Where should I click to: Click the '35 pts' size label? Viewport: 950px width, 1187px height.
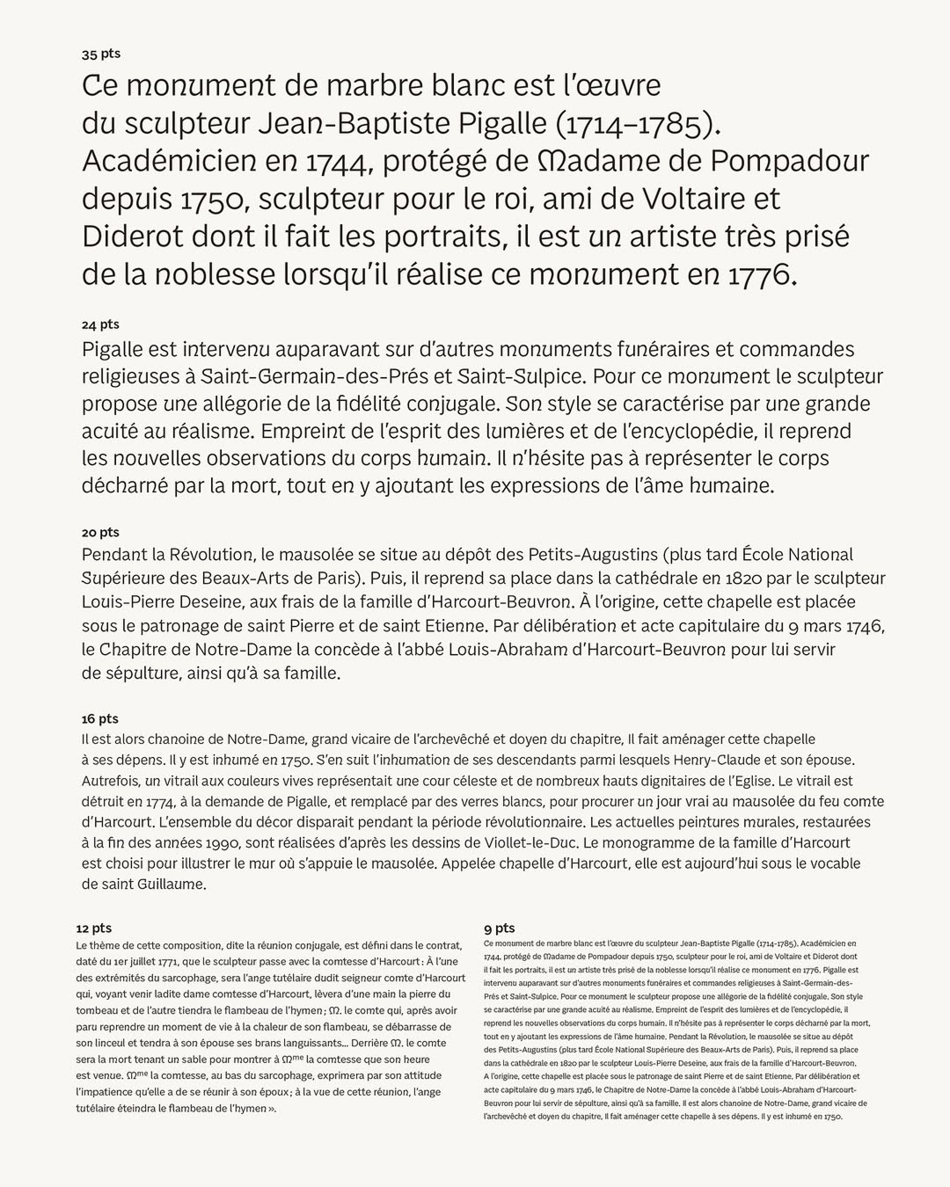101,54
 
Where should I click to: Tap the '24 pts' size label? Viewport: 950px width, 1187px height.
100,324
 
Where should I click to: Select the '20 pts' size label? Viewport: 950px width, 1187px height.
100,532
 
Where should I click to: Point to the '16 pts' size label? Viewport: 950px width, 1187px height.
99,718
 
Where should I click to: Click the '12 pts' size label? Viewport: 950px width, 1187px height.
94,928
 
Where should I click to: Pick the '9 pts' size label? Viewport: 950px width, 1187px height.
499,928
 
